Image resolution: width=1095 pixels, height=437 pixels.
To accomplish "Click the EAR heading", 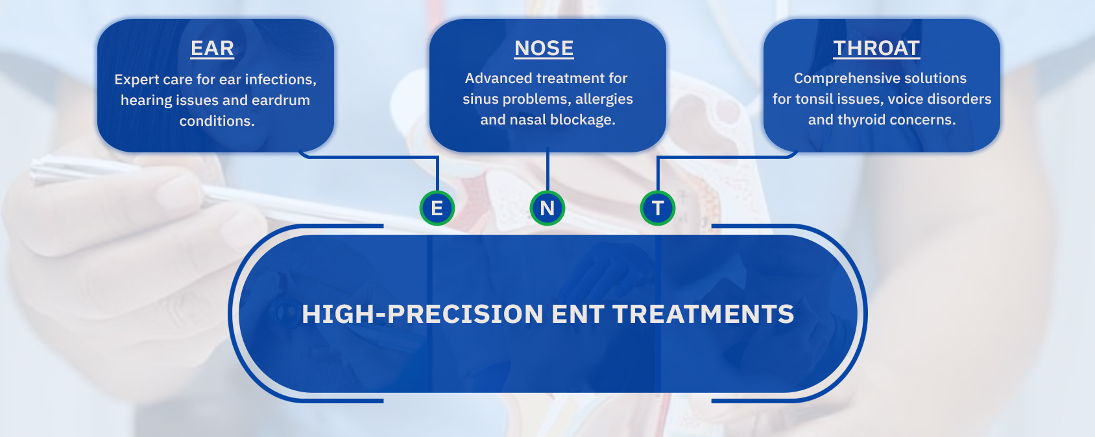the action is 212,49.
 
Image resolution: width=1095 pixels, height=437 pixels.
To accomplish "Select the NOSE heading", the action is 544,49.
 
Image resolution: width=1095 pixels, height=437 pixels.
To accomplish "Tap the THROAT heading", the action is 876,49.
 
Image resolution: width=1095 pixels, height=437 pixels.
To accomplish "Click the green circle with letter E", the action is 437,208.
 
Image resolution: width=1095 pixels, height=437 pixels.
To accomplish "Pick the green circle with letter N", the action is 547,208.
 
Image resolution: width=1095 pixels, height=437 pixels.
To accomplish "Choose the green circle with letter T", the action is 658,208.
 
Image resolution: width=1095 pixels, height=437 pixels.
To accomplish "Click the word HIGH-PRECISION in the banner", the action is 422,314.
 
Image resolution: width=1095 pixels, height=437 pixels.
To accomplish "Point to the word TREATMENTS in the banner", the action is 703,314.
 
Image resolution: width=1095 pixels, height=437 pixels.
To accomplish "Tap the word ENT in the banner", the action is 578,314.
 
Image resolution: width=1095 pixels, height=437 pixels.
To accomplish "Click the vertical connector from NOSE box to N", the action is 547,169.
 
